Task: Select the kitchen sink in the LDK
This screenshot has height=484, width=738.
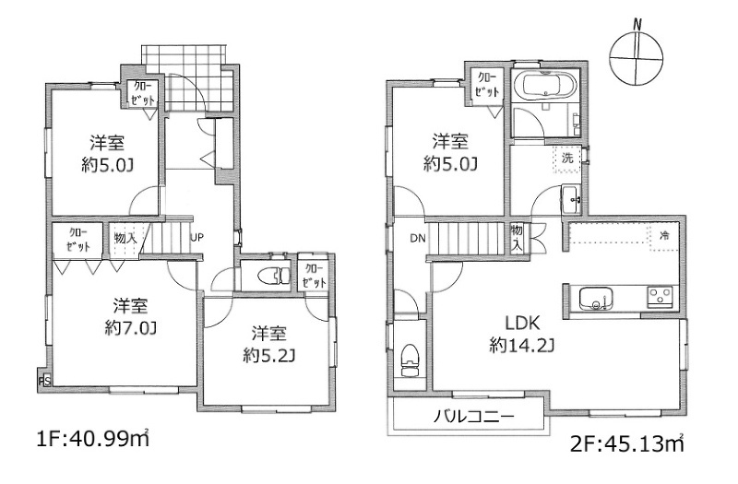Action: pos(596,299)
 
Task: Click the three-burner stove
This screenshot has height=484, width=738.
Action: pos(661,297)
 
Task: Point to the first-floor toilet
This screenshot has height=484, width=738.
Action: pos(275,275)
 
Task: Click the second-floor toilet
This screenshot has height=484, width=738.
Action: pos(410,360)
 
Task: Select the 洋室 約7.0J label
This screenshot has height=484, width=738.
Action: pos(130,316)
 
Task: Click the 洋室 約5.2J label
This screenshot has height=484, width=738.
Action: pos(268,345)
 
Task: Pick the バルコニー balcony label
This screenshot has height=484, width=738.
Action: pos(474,416)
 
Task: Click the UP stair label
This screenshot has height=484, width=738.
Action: pos(196,238)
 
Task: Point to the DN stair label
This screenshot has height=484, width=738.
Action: pos(418,239)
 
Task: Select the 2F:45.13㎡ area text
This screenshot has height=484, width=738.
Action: pos(627,443)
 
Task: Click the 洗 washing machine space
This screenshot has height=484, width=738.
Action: pos(567,159)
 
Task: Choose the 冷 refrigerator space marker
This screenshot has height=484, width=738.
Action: pos(664,236)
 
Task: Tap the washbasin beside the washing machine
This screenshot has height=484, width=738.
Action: pos(570,198)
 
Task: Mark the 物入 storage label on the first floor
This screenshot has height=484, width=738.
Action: pos(125,238)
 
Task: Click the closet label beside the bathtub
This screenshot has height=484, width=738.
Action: pos(487,85)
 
